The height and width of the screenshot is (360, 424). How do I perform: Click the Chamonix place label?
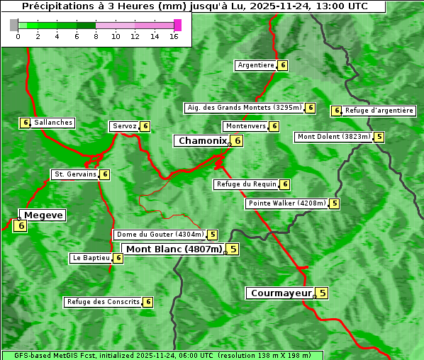202,141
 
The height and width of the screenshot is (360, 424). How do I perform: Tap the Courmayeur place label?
281,293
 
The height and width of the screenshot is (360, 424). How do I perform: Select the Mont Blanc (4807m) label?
174,249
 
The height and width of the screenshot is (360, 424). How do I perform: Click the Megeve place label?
44,215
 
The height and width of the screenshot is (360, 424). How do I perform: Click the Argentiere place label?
256,65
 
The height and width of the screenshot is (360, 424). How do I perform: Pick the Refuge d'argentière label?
379,111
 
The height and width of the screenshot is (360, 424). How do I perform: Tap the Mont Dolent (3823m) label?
334,137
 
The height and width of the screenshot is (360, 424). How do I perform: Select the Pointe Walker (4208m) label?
287,203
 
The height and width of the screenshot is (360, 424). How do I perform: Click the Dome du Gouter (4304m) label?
160,235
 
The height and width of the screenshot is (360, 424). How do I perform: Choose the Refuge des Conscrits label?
103,302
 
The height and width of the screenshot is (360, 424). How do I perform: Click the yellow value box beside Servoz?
145,126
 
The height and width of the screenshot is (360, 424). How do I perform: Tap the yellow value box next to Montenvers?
274,126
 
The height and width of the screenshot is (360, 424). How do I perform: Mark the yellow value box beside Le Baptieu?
118,258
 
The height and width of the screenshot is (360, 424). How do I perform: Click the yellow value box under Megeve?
20,226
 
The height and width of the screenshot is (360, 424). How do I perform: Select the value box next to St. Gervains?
105,174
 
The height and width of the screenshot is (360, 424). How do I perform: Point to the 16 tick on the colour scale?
174,36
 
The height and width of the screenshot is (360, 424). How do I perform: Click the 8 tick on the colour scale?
96,36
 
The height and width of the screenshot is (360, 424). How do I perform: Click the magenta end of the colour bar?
177,25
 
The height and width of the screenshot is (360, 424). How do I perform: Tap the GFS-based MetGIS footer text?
162,355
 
